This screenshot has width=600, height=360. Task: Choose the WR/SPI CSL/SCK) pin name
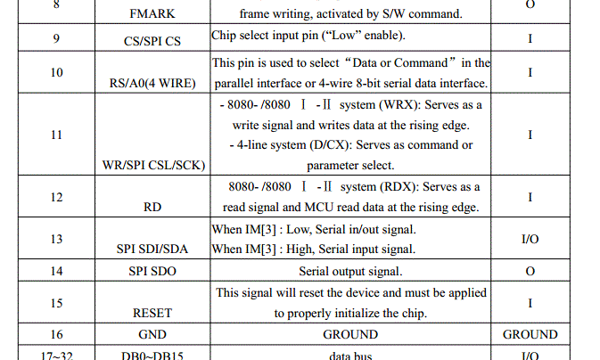(x=155, y=166)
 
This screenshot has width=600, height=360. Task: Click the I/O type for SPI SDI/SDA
(x=530, y=239)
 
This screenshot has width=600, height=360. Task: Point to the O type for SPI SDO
(x=530, y=271)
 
